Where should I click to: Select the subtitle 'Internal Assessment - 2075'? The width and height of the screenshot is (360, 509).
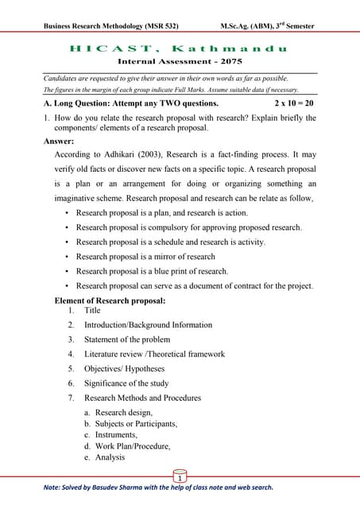179,61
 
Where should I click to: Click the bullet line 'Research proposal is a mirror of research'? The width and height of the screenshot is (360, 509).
145,257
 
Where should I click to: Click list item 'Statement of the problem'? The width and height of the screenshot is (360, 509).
127,340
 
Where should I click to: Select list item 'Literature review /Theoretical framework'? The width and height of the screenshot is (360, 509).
154,354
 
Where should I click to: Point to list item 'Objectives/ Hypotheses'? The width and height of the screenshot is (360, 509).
125,369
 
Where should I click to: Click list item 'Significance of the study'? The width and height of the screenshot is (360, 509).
126,383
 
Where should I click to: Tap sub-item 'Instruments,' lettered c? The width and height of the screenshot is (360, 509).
116,435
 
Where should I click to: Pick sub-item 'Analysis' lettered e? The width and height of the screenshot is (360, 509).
110,457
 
